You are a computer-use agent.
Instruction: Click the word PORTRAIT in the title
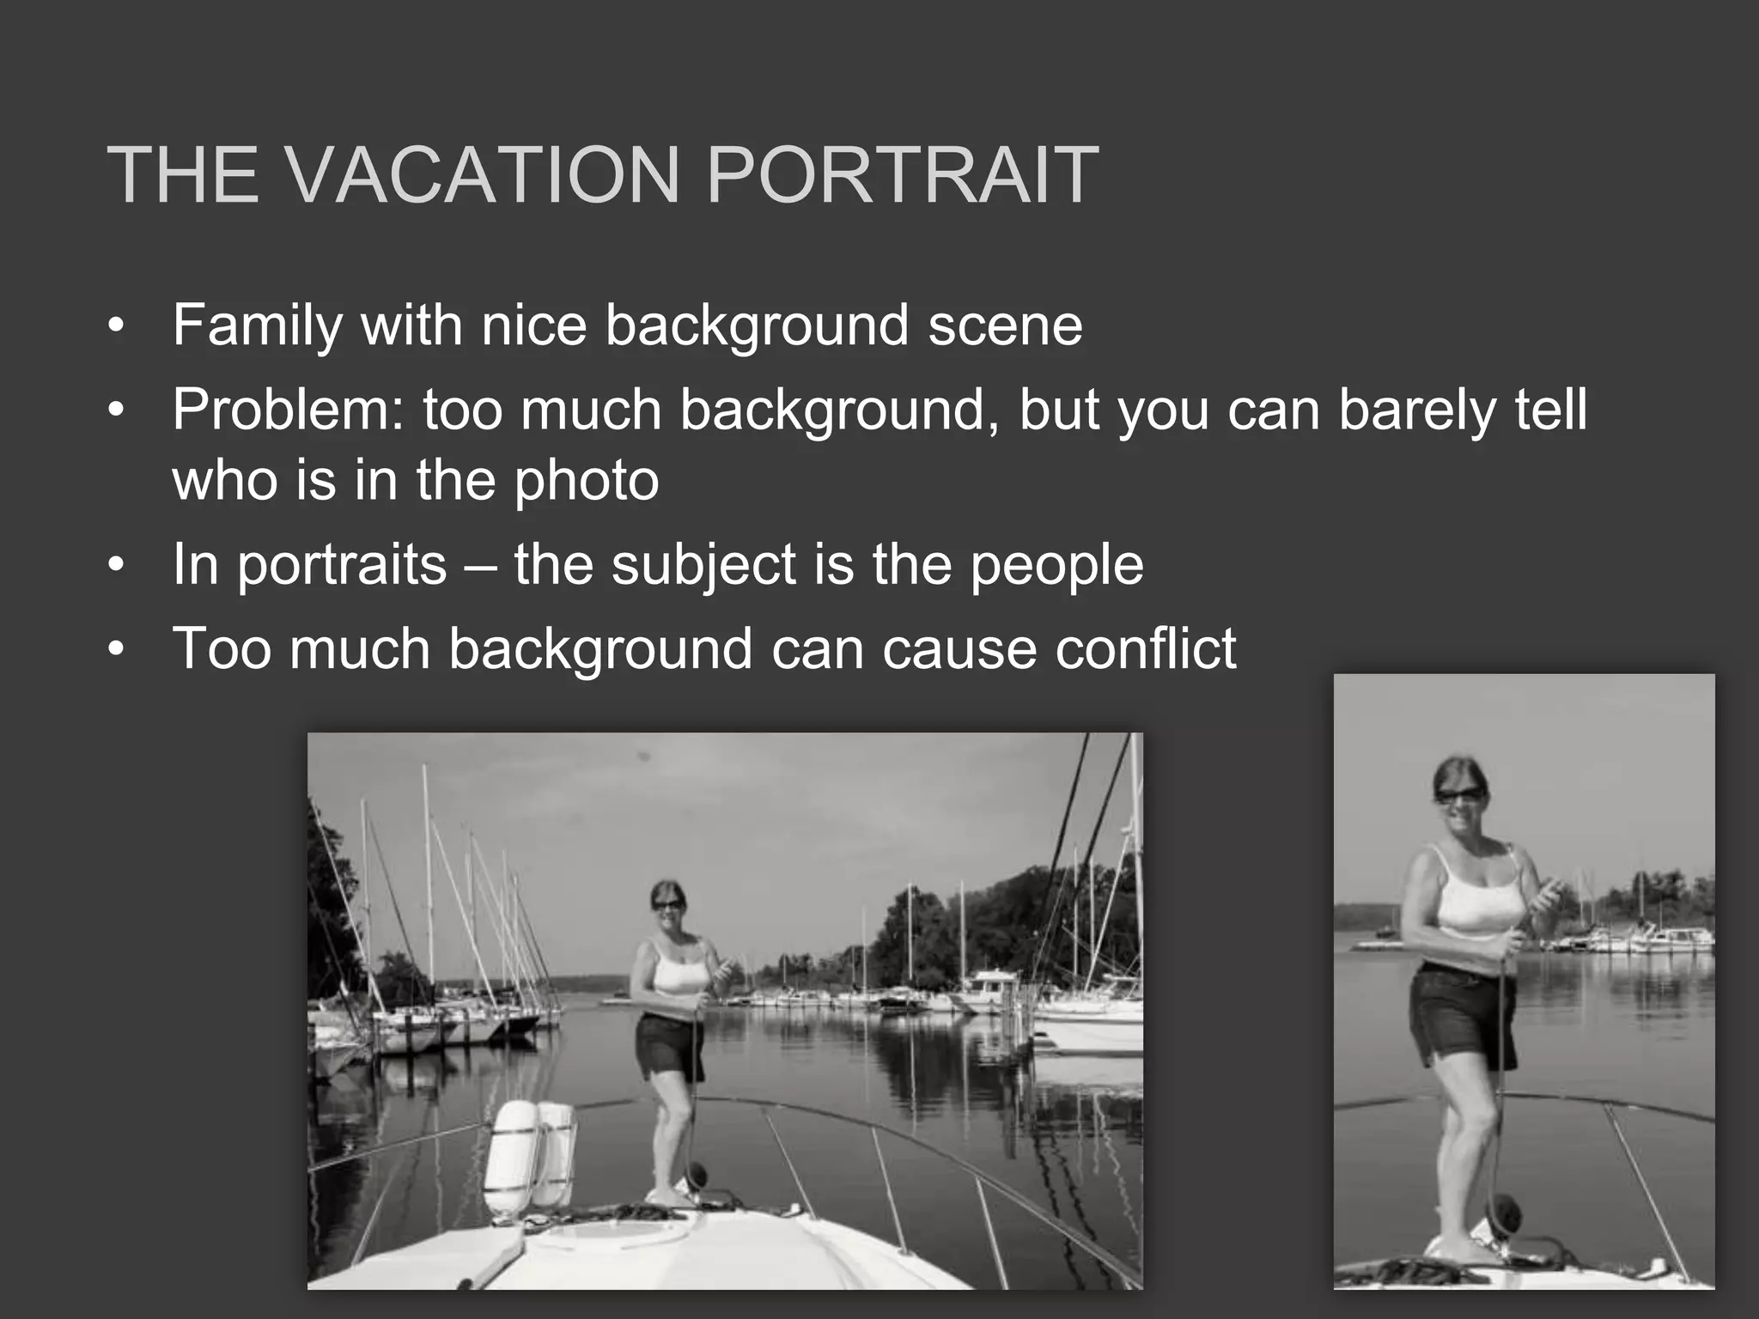point(901,176)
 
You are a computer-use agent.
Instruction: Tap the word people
point(1056,565)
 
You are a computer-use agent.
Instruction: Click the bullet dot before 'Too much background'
point(117,650)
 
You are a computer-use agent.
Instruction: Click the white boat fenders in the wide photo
point(529,1155)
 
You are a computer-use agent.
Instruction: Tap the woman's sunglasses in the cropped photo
point(1460,794)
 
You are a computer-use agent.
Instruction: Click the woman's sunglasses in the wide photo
point(667,904)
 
